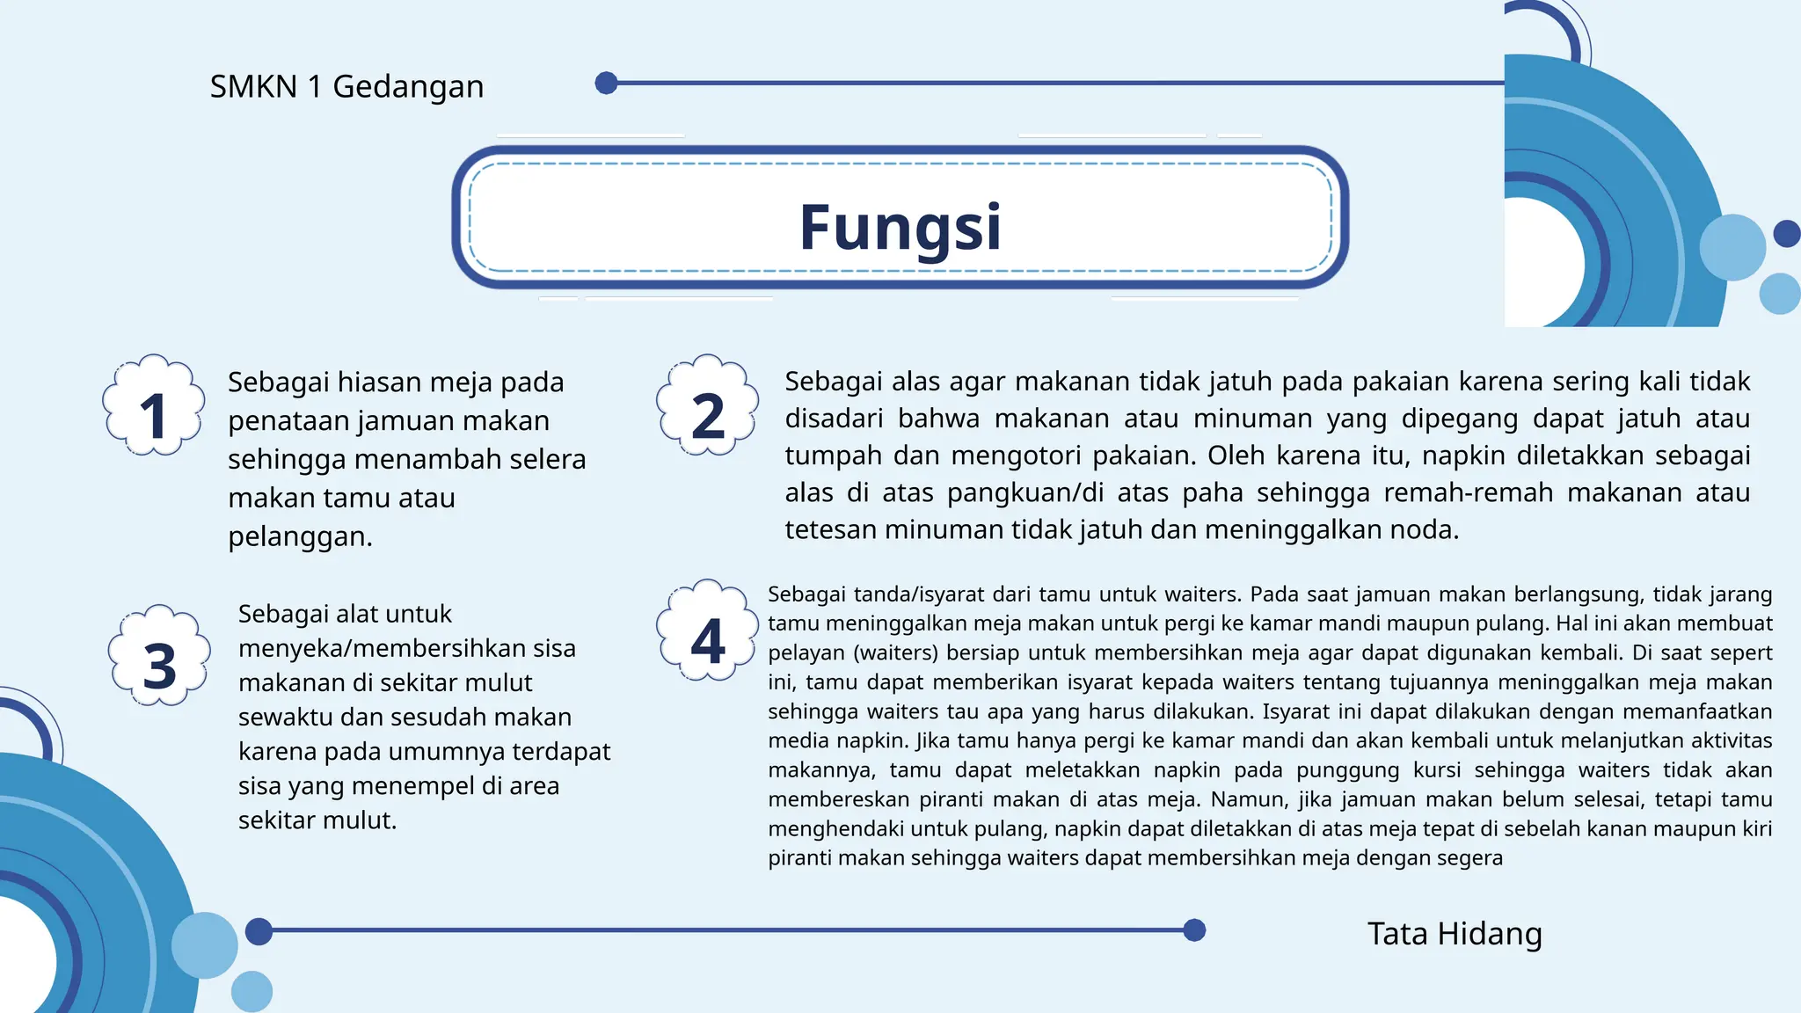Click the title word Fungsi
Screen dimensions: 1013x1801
click(x=900, y=228)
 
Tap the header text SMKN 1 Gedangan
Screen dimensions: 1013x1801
click(x=346, y=87)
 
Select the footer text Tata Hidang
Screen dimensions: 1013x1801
click(x=1455, y=934)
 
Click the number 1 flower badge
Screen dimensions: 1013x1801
click(x=154, y=405)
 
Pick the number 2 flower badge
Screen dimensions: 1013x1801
click(x=708, y=405)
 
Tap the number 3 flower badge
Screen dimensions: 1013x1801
click(x=159, y=655)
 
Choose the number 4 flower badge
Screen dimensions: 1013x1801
click(x=708, y=630)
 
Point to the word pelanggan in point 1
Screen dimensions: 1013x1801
click(x=300, y=536)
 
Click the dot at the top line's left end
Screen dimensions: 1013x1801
click(x=606, y=84)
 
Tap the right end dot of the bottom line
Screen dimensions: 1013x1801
click(x=1194, y=930)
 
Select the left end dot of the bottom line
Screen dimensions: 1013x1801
click(x=259, y=931)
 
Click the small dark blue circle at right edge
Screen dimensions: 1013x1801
click(x=1786, y=234)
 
